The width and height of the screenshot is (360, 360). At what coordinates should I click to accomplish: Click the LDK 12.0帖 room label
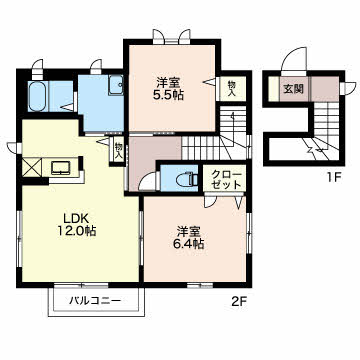coord(77,224)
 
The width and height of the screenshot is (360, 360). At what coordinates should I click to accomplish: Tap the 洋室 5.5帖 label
coord(170,89)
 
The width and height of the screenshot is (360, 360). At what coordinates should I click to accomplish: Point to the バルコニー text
coord(95,301)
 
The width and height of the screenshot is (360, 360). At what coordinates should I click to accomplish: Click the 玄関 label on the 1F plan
coord(293,89)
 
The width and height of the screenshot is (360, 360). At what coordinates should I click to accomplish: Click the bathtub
coord(38,97)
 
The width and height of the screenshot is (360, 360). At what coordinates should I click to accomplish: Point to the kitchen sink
coord(61,168)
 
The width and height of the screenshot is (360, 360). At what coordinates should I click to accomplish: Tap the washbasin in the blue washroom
coord(116,85)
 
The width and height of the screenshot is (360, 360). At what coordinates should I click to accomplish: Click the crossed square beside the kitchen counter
coord(32,167)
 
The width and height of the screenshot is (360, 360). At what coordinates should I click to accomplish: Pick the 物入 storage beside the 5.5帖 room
coord(232,88)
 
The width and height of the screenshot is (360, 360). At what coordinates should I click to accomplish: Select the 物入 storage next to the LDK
coord(118,150)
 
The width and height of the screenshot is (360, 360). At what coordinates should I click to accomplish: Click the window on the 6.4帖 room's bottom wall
coord(200,285)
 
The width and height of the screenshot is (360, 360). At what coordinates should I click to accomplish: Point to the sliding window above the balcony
coord(81,285)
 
